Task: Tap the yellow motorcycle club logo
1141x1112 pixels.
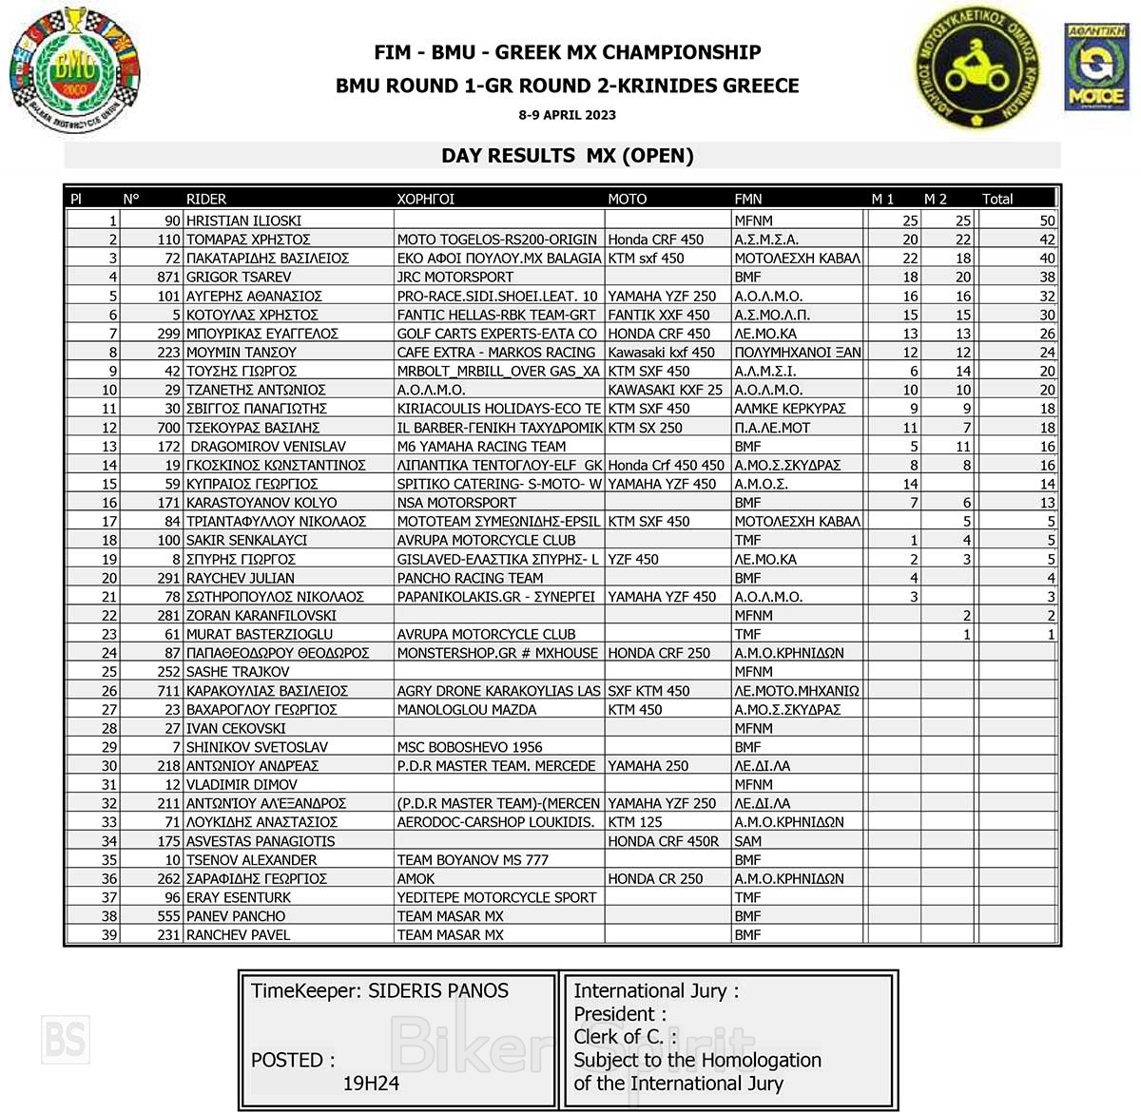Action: click(x=974, y=69)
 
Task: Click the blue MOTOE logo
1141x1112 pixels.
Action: click(x=1096, y=68)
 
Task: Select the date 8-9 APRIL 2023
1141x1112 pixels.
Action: click(x=568, y=115)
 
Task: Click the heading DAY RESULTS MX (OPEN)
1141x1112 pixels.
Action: click(x=568, y=156)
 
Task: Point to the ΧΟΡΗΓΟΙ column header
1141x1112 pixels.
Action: click(x=426, y=199)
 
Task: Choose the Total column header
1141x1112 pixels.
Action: click(x=997, y=199)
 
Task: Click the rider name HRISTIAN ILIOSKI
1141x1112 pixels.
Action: click(x=243, y=220)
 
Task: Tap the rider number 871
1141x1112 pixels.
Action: click(x=168, y=277)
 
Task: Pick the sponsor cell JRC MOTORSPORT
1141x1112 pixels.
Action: click(x=455, y=277)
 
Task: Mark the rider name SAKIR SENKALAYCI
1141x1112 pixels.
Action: click(x=246, y=540)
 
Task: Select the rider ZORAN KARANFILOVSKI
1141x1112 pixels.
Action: click(x=261, y=615)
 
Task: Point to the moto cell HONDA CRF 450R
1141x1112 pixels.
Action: click(x=664, y=841)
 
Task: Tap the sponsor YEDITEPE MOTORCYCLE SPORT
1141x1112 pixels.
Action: click(x=496, y=897)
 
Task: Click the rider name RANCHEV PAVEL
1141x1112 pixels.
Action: click(x=238, y=935)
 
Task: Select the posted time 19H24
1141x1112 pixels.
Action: click(x=371, y=1083)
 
